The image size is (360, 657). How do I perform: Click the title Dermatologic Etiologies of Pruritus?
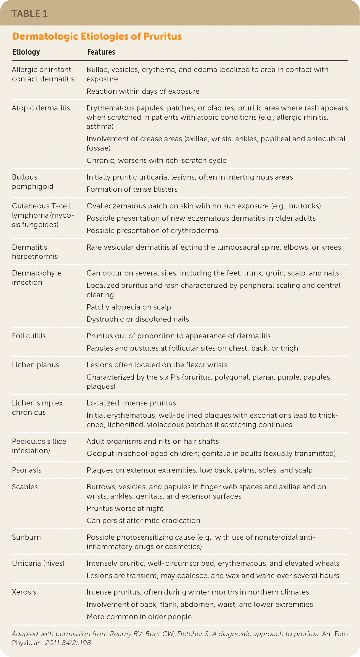click(x=97, y=37)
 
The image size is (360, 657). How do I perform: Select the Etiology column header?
click(x=26, y=52)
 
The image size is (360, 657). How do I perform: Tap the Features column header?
click(x=101, y=52)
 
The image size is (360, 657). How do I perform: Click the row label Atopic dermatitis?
click(x=41, y=108)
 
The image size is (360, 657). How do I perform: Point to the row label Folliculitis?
click(x=29, y=336)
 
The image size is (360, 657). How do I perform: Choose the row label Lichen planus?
click(x=35, y=365)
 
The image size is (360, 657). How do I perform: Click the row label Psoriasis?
click(x=26, y=470)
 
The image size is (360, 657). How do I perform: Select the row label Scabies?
click(x=25, y=487)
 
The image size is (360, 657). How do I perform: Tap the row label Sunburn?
click(x=26, y=537)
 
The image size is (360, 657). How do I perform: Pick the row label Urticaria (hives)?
click(x=38, y=563)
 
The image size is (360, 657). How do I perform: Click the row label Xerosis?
click(x=24, y=592)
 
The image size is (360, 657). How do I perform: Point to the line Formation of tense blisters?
click(x=132, y=189)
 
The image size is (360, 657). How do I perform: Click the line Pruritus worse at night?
click(x=125, y=508)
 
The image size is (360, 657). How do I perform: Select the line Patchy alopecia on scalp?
click(x=129, y=307)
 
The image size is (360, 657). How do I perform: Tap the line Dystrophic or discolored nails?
click(x=138, y=319)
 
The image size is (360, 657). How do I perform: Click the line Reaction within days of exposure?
click(x=143, y=91)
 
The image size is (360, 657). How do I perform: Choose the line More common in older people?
click(x=139, y=617)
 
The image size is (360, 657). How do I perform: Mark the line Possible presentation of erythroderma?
click(x=152, y=231)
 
